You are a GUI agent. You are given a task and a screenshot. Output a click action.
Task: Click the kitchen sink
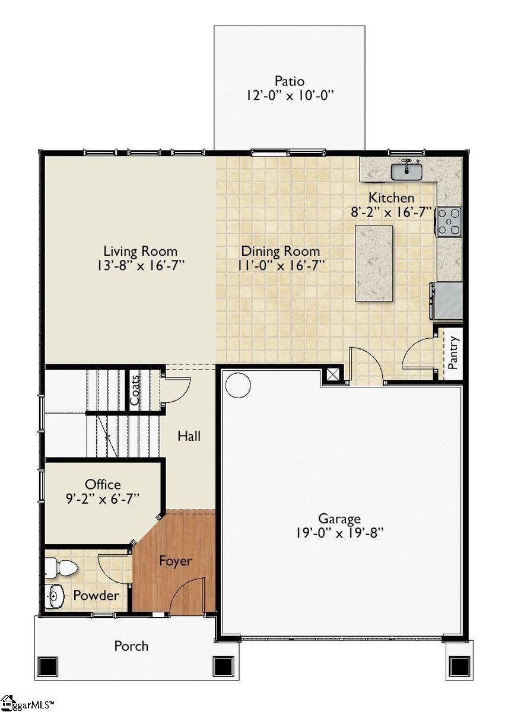pos(406,171)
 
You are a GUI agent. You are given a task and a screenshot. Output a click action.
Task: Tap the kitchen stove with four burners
pos(449,221)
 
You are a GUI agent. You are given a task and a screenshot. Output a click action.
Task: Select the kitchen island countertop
pos(374,263)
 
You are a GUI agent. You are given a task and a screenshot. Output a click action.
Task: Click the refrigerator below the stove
pos(447,301)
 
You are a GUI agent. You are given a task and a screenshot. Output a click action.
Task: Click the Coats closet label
pos(135,389)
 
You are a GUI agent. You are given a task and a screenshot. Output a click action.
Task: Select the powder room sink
pos(55,595)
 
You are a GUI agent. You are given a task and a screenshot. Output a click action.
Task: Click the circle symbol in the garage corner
pos(238,385)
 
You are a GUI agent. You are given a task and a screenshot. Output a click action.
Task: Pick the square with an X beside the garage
pos(333,375)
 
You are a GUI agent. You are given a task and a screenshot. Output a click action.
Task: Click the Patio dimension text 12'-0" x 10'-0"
pos(289,95)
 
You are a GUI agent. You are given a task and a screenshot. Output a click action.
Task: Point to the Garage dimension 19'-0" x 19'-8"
pos(339,532)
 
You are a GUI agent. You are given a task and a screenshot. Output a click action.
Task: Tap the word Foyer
pos(175,560)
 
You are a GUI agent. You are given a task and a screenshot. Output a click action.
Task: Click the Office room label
pos(103,484)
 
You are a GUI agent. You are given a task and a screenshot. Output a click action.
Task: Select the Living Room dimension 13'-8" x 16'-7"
pos(140,265)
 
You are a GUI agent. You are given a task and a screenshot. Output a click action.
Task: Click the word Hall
pos(189,436)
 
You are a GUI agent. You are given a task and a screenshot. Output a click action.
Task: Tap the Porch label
pos(131,646)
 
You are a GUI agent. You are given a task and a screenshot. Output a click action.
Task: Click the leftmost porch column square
pos(47,665)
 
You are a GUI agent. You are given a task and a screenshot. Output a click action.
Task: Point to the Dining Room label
pos(280,251)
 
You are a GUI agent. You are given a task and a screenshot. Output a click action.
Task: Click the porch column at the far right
pos(459,665)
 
